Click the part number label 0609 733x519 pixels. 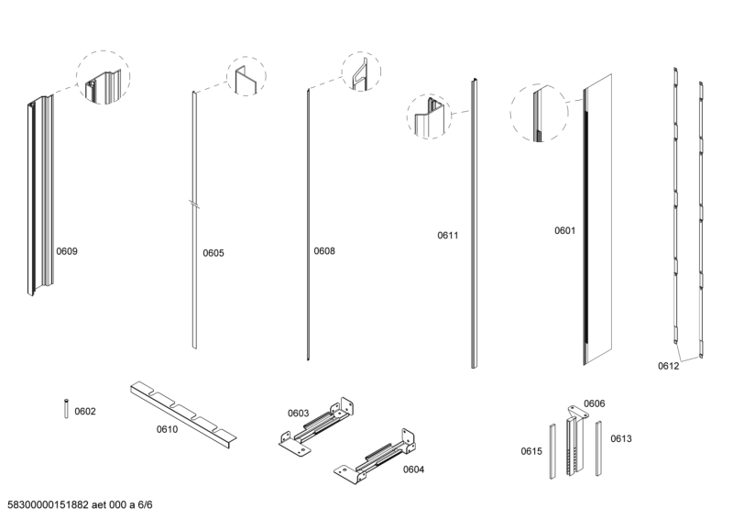pos(67,251)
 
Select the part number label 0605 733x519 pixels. pos(213,253)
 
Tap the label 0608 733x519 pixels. pos(324,251)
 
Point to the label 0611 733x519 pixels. pos(447,236)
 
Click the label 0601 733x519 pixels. pos(564,231)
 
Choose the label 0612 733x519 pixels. pos(668,366)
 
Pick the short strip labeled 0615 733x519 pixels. pos(552,450)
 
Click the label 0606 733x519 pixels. pos(594,403)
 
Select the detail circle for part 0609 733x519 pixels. pos(103,78)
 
